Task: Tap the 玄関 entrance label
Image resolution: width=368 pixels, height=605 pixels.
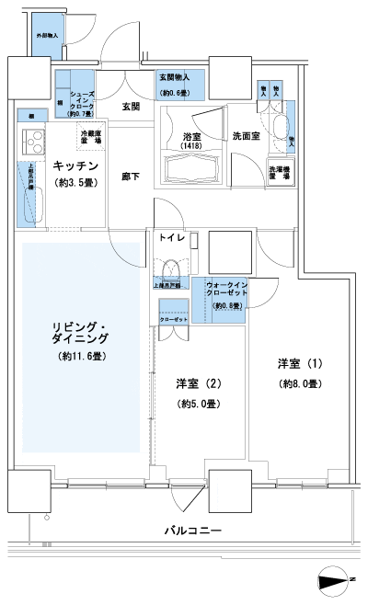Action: [x=130, y=107]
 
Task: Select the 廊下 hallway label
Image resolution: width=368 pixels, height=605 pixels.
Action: [x=131, y=175]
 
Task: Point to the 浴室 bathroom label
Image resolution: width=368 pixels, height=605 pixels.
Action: [x=192, y=135]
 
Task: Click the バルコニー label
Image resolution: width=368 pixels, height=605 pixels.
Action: [x=193, y=531]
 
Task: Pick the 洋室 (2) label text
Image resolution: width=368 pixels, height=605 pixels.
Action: [x=197, y=383]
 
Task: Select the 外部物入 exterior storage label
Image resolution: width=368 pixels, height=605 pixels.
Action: [x=48, y=34]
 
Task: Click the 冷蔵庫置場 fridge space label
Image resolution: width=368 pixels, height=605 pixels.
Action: [x=91, y=138]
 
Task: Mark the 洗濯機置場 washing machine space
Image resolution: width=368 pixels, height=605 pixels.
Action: [x=280, y=172]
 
